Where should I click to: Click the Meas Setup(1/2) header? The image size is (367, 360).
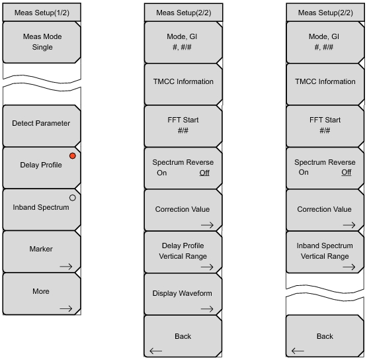click(x=42, y=13)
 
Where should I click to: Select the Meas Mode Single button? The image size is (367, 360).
click(x=42, y=42)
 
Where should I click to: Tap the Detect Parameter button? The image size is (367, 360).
click(x=42, y=126)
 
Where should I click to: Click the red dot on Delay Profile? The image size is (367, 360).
click(x=73, y=156)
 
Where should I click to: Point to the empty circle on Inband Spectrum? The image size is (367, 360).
click(x=73, y=198)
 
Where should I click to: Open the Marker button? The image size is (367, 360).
click(x=42, y=251)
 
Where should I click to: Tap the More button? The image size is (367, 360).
click(x=42, y=294)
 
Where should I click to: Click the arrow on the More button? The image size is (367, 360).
click(x=66, y=308)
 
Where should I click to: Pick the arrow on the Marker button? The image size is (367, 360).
click(x=66, y=267)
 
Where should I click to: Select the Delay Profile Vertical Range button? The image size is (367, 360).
click(x=183, y=252)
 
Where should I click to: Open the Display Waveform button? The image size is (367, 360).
click(x=183, y=294)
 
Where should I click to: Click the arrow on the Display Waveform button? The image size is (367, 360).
click(x=207, y=309)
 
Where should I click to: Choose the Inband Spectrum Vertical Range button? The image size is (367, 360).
click(x=325, y=252)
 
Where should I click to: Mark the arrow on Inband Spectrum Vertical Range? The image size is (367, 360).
click(x=349, y=267)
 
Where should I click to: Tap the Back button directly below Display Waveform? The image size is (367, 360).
click(x=183, y=336)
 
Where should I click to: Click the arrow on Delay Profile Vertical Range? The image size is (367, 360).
click(x=207, y=267)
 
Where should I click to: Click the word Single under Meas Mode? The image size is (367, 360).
click(x=42, y=47)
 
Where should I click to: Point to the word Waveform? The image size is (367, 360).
click(x=198, y=293)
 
